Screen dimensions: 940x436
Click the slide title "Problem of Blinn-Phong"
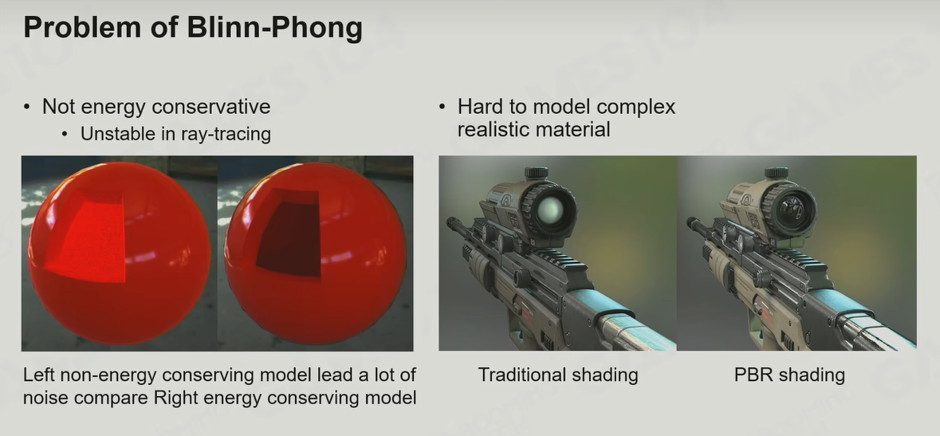pyautogui.click(x=193, y=28)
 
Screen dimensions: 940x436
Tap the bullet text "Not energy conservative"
pyautogui.click(x=155, y=107)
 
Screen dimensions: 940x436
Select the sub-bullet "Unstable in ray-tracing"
pyautogui.click(x=175, y=134)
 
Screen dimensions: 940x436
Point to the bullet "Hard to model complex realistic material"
pyautogui.click(x=567, y=117)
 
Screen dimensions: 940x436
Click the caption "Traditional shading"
pyautogui.click(x=558, y=375)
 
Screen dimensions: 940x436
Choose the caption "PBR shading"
pyautogui.click(x=789, y=375)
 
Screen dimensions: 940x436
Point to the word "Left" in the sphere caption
pyautogui.click(x=37, y=375)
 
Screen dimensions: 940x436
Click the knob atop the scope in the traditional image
pyautogui.click(x=537, y=173)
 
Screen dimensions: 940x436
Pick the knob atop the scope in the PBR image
pyautogui.click(x=777, y=173)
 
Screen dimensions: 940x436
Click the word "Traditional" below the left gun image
pyautogui.click(x=520, y=375)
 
